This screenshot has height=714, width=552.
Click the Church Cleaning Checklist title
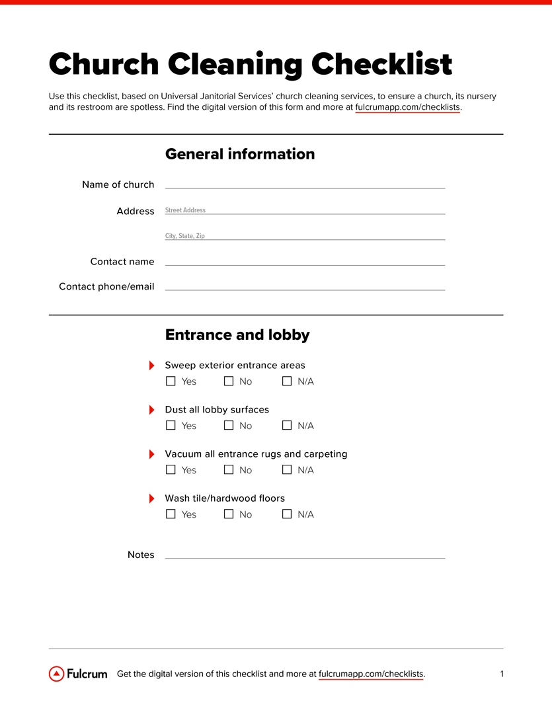pos(250,64)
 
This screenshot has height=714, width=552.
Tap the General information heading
pos(239,154)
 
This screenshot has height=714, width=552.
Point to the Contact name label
pos(122,262)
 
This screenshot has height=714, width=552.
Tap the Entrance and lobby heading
pos(237,335)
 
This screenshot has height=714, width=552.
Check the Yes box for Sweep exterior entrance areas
pos(171,381)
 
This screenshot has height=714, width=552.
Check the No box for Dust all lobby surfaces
pos(229,426)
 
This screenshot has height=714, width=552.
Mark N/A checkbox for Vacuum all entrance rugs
pos(287,470)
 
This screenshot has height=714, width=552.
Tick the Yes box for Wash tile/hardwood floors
pos(171,514)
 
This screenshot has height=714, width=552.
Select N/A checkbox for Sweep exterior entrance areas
pos(287,381)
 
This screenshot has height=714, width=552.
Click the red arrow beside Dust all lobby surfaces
pos(152,410)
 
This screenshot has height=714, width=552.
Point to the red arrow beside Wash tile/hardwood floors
pos(152,498)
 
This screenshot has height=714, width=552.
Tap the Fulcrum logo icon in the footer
pos(57,674)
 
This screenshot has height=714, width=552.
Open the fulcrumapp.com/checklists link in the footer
pos(371,674)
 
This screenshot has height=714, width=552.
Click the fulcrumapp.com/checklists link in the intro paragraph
pos(407,107)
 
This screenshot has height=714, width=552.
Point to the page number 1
pos(502,674)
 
